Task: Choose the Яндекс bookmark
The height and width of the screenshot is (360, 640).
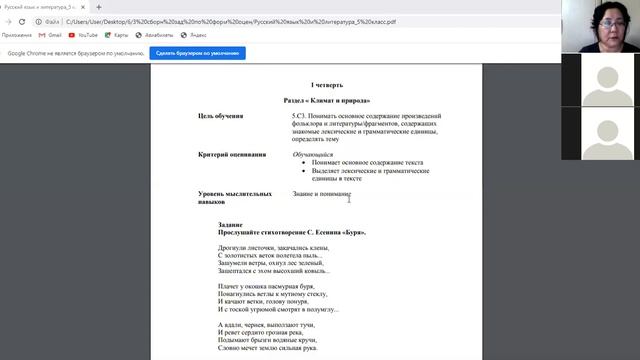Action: pos(193,35)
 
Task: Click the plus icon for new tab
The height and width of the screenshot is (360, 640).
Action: pos(98,7)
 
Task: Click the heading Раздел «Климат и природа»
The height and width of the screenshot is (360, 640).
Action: pos(326,101)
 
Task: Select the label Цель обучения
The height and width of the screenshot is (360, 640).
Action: pos(221,116)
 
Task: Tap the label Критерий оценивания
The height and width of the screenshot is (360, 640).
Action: pos(232,155)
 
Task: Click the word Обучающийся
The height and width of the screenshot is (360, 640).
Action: pos(312,155)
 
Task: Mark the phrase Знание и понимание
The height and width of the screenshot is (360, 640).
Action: pos(321,193)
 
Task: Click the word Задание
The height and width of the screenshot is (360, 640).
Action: pos(231,225)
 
